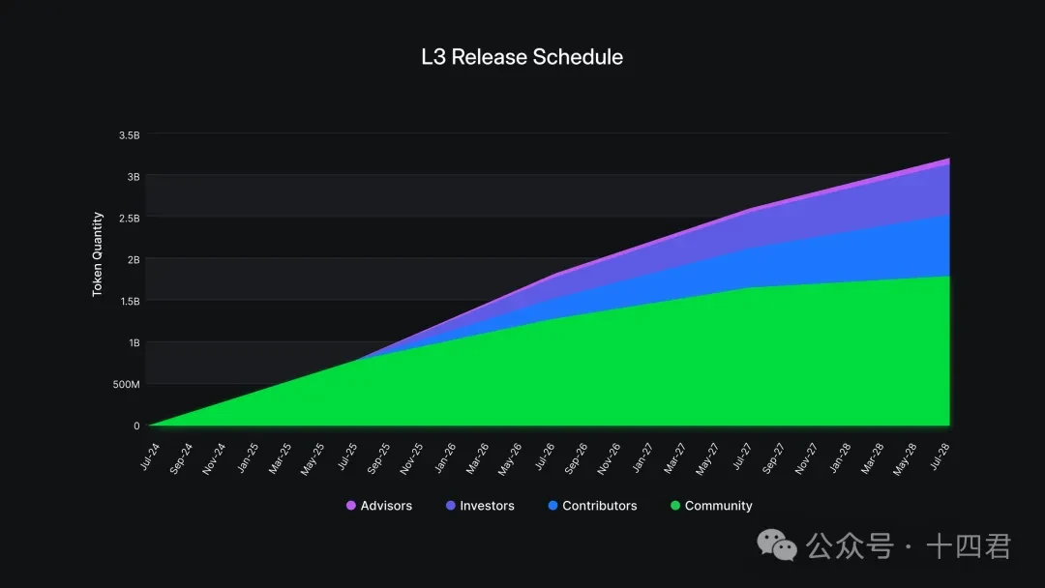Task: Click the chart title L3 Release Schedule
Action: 522,57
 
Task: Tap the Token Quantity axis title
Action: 98,254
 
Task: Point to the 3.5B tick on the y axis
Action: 130,135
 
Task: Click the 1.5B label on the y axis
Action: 130,302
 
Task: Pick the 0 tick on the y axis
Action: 136,426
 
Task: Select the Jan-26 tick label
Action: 445,457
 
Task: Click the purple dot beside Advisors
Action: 351,506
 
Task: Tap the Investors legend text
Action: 487,506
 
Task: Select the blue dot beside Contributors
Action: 552,506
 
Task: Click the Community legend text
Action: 718,506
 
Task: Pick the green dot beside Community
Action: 675,506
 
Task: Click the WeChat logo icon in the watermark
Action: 777,545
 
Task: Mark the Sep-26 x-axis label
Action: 578,457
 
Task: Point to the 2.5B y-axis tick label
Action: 130,219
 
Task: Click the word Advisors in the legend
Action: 386,506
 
